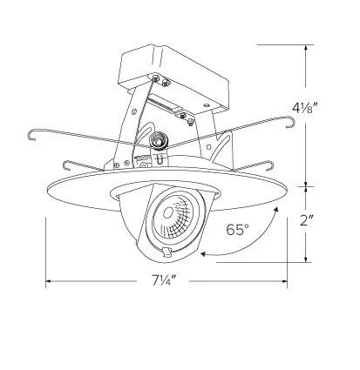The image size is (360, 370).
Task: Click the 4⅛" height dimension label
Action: click(304, 109)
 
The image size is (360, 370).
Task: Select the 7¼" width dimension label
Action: click(163, 280)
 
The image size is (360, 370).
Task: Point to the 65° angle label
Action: click(238, 230)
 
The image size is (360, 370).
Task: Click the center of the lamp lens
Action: click(167, 213)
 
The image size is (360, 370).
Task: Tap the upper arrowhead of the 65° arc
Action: click(275, 209)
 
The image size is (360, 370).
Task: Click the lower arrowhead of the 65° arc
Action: click(203, 254)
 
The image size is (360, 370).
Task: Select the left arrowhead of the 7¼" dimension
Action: click(49, 281)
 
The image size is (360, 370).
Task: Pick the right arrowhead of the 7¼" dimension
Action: click(284, 281)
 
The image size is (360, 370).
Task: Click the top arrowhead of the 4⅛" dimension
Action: click(306, 48)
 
